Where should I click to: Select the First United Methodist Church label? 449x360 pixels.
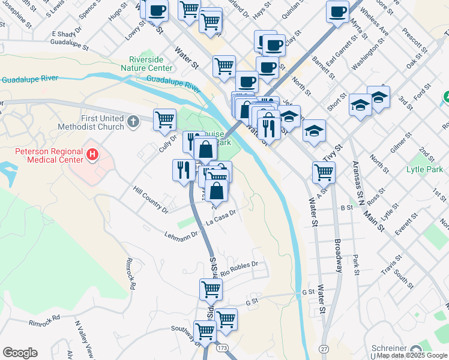pos(92,122)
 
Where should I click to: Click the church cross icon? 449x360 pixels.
pos(136,122)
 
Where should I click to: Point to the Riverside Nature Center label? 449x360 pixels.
pos(154,64)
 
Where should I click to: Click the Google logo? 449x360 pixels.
pos(20,353)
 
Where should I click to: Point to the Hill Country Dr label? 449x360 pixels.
pos(150,200)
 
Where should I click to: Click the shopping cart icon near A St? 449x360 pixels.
pos(324,172)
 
